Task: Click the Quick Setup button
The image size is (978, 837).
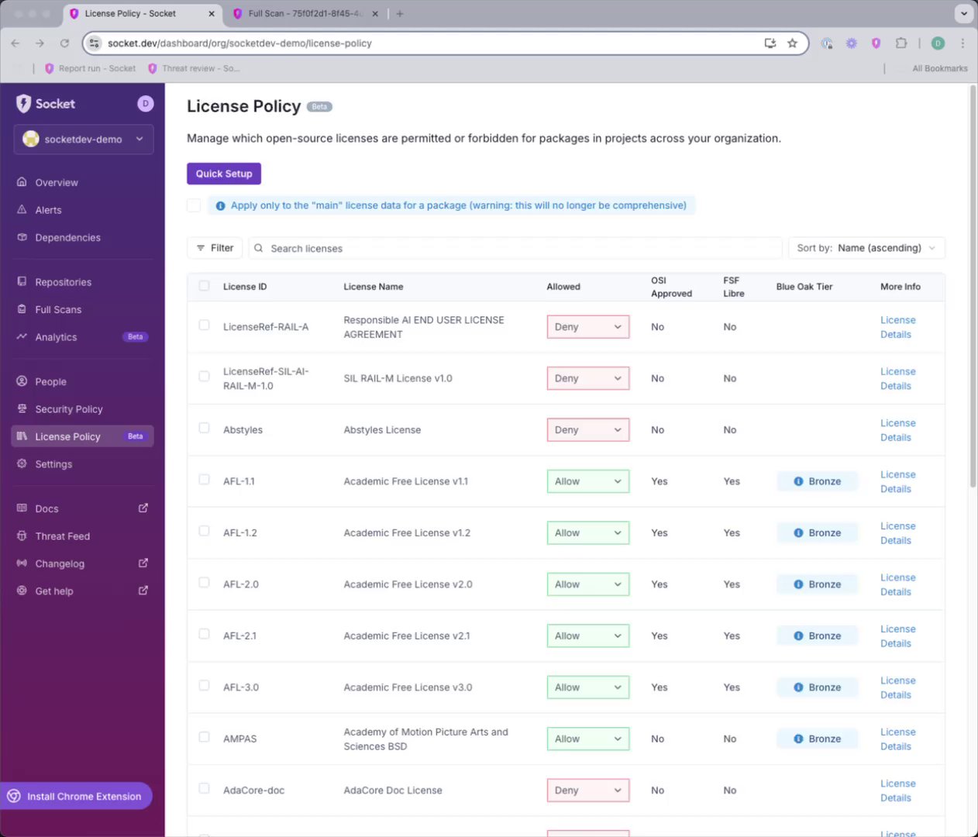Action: [224, 174]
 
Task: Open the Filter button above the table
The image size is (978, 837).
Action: [215, 248]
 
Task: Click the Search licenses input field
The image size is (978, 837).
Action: [515, 249]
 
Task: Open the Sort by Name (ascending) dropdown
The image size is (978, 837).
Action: [866, 248]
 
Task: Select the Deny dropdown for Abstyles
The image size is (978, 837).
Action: [587, 430]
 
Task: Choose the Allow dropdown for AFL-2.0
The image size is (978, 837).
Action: [587, 584]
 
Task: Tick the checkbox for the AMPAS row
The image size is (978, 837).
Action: [204, 737]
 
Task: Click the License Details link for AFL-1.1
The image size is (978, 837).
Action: [897, 481]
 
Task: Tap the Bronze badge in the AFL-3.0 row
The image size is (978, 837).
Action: [818, 687]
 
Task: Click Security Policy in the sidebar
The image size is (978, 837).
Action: [69, 409]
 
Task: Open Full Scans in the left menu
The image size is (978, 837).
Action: [58, 309]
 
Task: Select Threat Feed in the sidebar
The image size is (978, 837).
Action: [63, 536]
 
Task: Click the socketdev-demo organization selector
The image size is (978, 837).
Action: [84, 139]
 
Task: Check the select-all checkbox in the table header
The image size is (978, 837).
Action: [204, 286]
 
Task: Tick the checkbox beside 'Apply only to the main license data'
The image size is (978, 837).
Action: [194, 205]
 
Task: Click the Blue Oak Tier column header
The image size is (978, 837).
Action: [804, 287]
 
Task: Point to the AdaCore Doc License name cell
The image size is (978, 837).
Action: [393, 790]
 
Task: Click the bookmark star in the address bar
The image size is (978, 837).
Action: [792, 43]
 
